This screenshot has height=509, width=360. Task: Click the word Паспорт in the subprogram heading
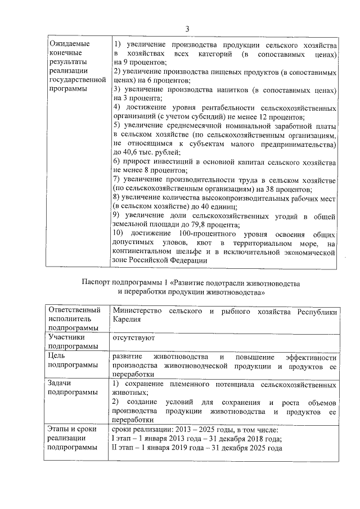97,283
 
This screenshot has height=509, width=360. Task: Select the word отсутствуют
134,339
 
